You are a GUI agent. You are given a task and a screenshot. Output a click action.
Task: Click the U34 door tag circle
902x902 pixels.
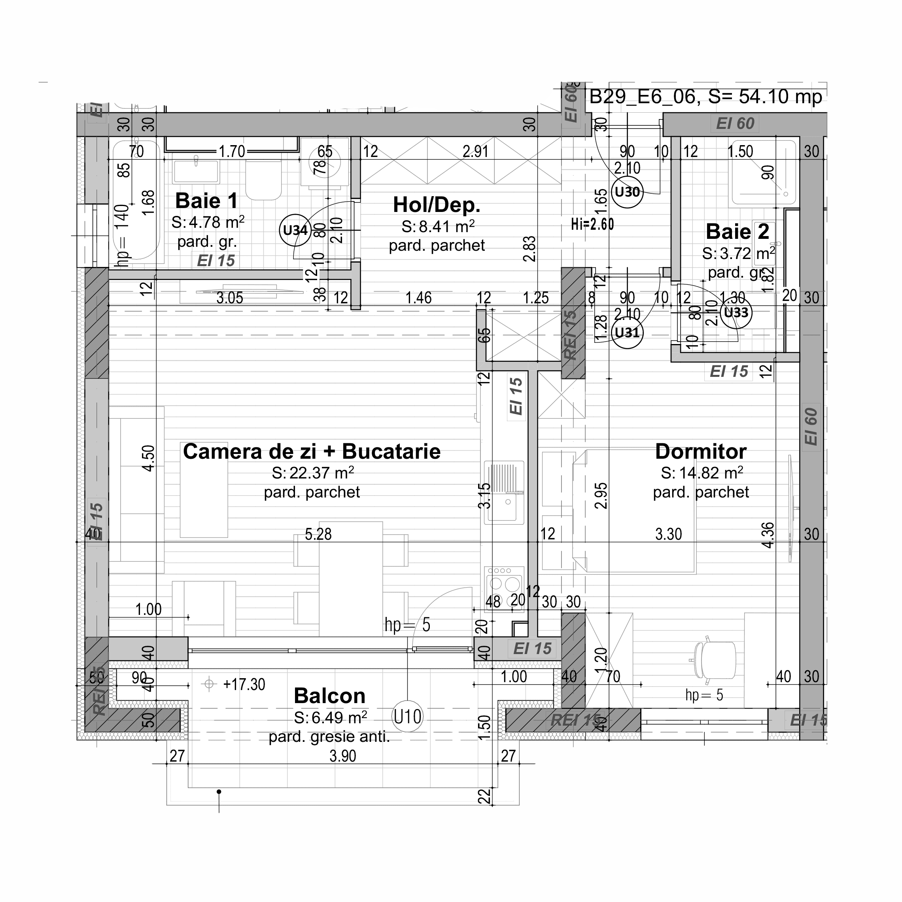click(x=295, y=230)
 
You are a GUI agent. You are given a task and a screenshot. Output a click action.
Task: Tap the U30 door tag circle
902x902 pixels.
click(x=627, y=192)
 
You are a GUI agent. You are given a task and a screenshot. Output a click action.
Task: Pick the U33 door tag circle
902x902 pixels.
click(x=736, y=312)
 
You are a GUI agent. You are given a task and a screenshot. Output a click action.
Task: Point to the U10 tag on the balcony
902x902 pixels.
click(x=407, y=716)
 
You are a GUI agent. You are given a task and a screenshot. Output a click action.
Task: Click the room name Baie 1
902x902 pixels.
click(x=206, y=201)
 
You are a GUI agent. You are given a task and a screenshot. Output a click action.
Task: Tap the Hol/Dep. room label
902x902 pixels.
click(x=437, y=204)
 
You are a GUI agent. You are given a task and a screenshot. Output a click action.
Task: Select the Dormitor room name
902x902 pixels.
click(x=700, y=452)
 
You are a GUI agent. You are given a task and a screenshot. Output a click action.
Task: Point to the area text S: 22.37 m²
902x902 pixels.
click(x=313, y=473)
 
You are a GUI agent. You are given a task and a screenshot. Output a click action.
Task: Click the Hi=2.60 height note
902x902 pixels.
click(x=592, y=225)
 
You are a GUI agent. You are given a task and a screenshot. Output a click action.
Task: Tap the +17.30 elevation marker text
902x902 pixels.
click(x=244, y=685)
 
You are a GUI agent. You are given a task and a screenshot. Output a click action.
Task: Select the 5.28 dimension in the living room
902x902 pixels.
click(x=318, y=534)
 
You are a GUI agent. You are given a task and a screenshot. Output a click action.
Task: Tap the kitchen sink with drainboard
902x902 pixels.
click(x=504, y=492)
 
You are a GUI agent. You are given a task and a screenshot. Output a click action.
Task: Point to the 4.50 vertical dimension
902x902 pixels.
click(x=148, y=458)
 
